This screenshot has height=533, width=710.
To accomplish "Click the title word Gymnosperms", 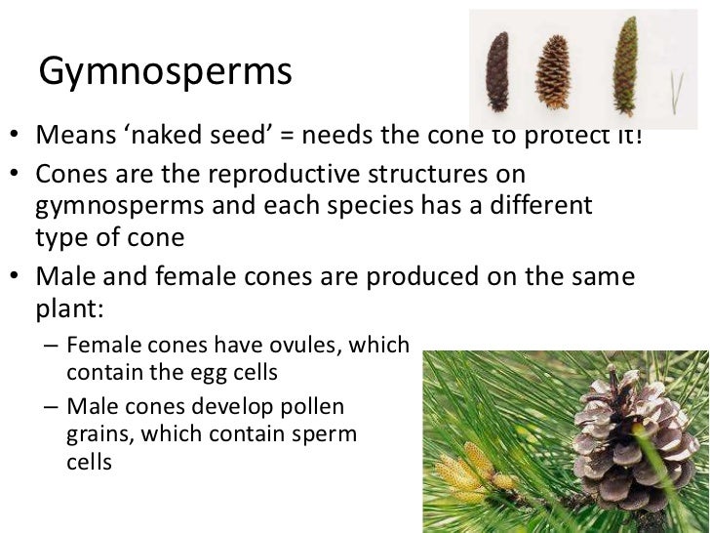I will coord(166,72).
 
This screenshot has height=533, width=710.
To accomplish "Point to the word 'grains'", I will coord(99,432).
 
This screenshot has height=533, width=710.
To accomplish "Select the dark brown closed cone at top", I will coord(498,72).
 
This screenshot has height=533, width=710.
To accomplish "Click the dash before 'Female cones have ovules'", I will coord(52,346).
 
